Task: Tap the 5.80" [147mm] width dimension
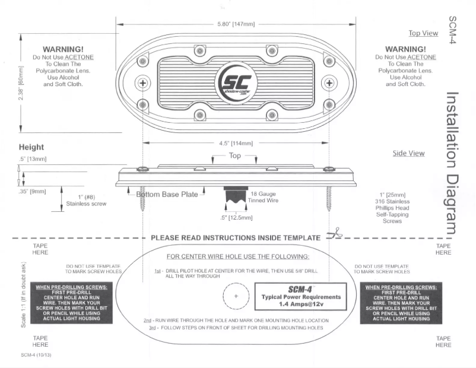click(237, 24)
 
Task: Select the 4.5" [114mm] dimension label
click(236, 143)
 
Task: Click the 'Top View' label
click(423, 33)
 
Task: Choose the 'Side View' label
click(408, 153)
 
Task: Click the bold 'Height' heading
click(31, 147)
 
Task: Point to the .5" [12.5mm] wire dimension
click(236, 217)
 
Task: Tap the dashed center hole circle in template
click(236, 296)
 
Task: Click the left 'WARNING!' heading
click(63, 49)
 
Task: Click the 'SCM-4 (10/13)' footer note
click(35, 355)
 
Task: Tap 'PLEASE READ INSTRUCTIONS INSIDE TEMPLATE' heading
click(236, 237)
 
